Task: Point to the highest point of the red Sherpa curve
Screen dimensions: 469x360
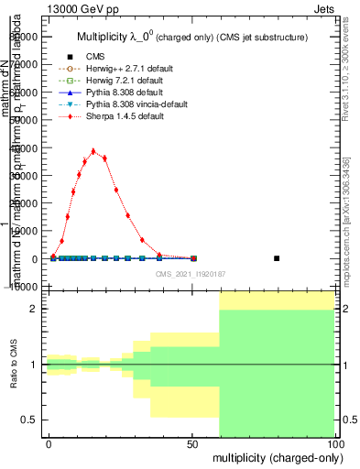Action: [93, 151]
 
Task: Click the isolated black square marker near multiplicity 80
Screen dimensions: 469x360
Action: [277, 258]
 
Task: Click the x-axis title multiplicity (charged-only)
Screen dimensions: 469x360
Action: [273, 456]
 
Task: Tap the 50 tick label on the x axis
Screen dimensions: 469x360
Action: [192, 442]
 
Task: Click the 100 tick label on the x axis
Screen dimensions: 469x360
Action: [334, 442]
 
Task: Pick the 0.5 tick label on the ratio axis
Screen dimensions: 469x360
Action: [28, 420]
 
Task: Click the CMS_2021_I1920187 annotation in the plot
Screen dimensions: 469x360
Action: [190, 274]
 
